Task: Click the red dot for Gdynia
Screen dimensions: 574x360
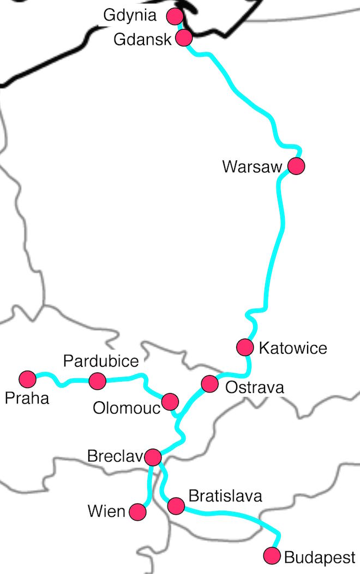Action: pyautogui.click(x=175, y=16)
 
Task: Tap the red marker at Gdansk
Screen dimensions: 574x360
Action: pyautogui.click(x=184, y=38)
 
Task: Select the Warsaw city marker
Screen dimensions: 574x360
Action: pyautogui.click(x=296, y=166)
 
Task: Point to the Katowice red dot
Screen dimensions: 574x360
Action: pyautogui.click(x=245, y=347)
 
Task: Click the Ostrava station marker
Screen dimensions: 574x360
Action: pyautogui.click(x=209, y=384)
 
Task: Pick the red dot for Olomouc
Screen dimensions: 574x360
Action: pyautogui.click(x=170, y=402)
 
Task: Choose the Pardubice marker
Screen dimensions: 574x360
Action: pyautogui.click(x=97, y=380)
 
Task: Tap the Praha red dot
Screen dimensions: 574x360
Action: pyautogui.click(x=27, y=378)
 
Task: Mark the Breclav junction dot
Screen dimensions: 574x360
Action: pyautogui.click(x=153, y=456)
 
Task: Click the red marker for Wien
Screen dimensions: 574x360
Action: pyautogui.click(x=137, y=512)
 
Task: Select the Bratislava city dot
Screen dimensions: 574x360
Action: pyautogui.click(x=176, y=506)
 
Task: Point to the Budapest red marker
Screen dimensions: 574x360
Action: pyautogui.click(x=272, y=556)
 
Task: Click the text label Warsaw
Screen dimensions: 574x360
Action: pyautogui.click(x=251, y=166)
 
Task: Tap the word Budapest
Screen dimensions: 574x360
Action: pyautogui.click(x=320, y=557)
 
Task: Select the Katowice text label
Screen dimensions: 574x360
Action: pyautogui.click(x=292, y=348)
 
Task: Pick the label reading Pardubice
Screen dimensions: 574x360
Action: pyautogui.click(x=101, y=360)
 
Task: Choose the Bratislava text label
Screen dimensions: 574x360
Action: pyautogui.click(x=225, y=496)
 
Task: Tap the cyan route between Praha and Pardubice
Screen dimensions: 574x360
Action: pyautogui.click(x=63, y=382)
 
